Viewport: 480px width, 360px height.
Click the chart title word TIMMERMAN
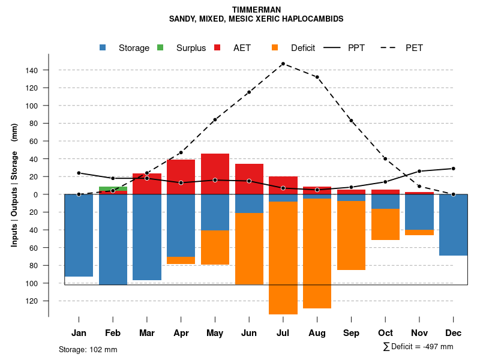(256, 10)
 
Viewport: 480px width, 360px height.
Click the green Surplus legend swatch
(160, 47)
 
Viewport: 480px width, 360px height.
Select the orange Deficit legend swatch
(275, 47)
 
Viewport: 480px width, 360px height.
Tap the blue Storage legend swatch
(103, 47)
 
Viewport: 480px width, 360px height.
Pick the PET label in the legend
(414, 47)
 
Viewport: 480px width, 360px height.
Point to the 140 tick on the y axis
(31, 70)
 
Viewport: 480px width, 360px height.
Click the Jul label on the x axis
(283, 332)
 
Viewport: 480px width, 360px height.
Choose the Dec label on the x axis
(454, 332)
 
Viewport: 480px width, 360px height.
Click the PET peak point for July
(283, 64)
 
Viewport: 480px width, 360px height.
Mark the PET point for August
(317, 77)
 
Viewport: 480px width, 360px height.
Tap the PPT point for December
(454, 169)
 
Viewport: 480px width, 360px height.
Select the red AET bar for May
(215, 174)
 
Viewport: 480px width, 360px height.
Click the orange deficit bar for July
(283, 258)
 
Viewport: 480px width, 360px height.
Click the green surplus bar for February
(113, 188)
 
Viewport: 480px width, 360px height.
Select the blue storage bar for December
(454, 225)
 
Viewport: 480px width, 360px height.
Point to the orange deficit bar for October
(385, 224)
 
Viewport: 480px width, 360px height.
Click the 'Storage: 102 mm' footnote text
(88, 349)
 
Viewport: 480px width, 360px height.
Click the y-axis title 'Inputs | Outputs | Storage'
(14, 184)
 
